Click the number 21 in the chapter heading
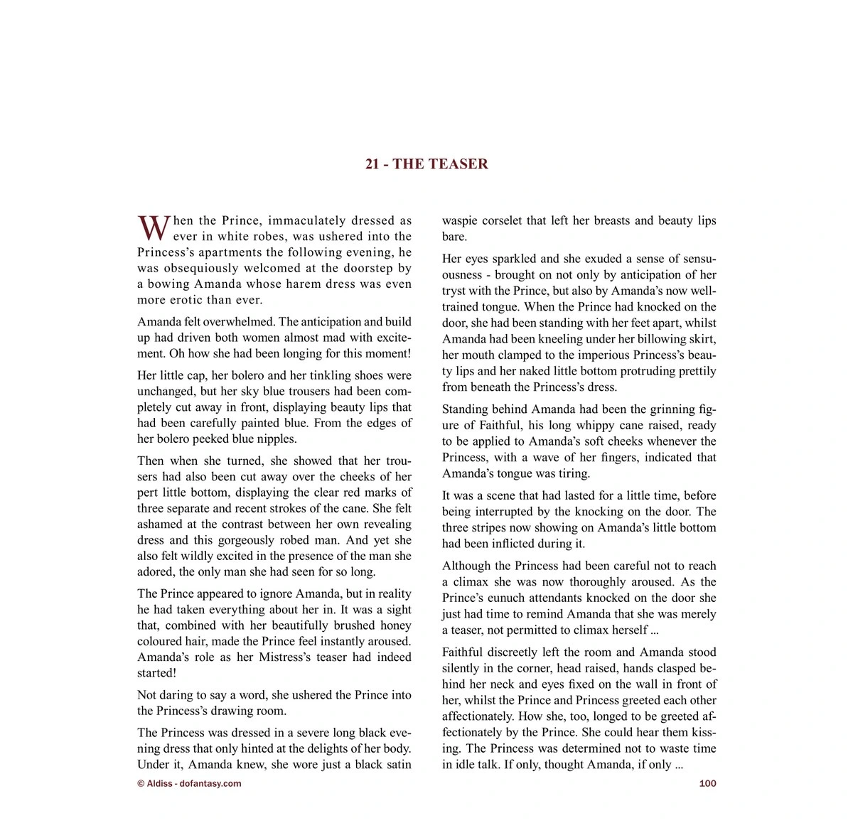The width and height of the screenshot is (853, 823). pos(372,164)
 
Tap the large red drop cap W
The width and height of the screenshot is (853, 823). pos(153,228)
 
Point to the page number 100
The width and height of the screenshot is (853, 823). pos(708,783)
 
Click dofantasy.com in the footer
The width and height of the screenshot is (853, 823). pos(211,783)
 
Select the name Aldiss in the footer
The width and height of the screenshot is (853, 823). pos(159,783)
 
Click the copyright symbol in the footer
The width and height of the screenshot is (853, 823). pos(140,783)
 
